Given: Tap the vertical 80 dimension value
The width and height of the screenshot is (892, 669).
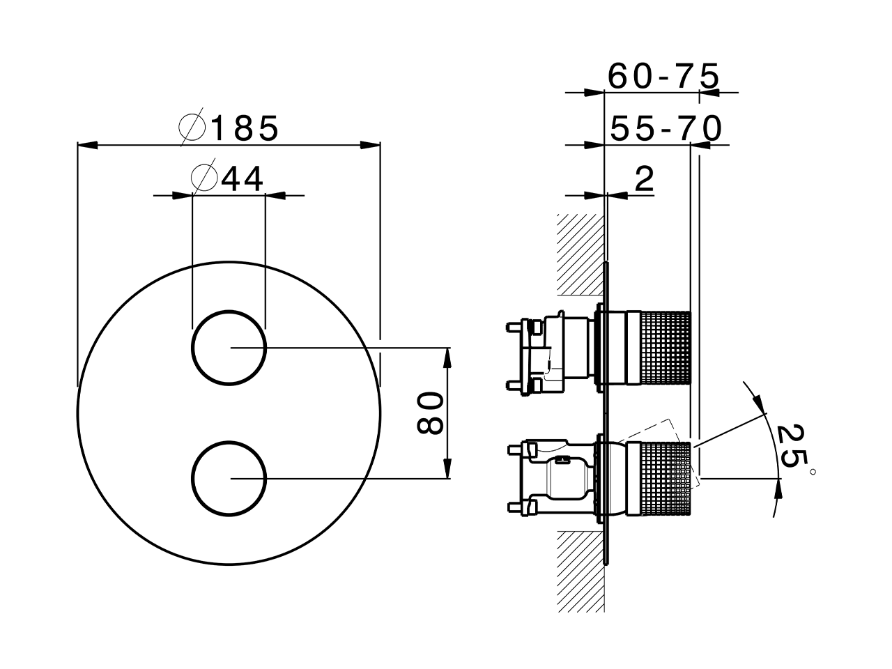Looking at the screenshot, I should click(430, 413).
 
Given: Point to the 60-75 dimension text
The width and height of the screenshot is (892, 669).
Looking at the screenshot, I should click(662, 76).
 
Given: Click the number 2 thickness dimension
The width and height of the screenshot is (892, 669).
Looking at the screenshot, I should click(645, 180).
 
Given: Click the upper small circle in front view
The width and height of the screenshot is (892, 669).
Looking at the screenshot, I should click(229, 346).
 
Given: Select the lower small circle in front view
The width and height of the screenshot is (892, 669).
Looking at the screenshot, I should click(229, 478).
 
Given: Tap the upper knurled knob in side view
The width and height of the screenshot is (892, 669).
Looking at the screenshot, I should click(664, 347).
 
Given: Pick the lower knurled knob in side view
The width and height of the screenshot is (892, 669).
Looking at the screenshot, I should click(664, 479).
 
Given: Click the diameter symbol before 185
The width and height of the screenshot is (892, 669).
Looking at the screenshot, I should click(192, 128).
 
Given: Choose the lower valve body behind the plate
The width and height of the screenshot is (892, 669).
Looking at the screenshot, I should click(557, 478).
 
